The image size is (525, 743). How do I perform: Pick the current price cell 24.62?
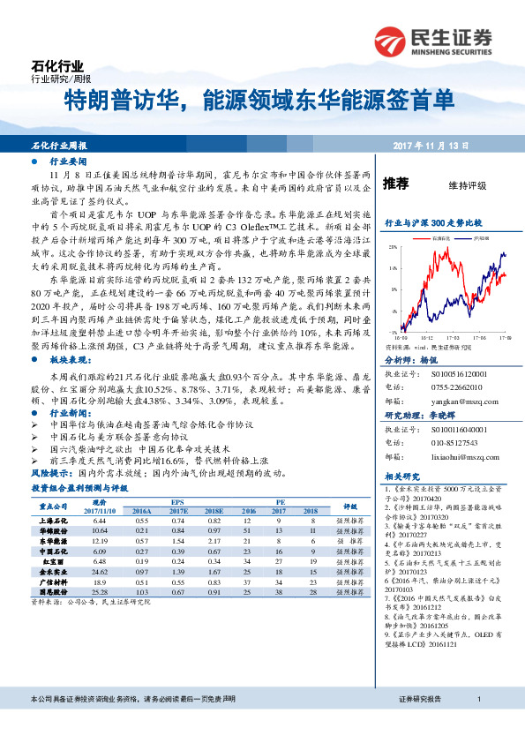pyautogui.click(x=100, y=573)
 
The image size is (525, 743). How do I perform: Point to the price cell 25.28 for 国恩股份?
pyautogui.click(x=100, y=594)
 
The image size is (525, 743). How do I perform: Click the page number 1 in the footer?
pyautogui.click(x=477, y=724)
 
